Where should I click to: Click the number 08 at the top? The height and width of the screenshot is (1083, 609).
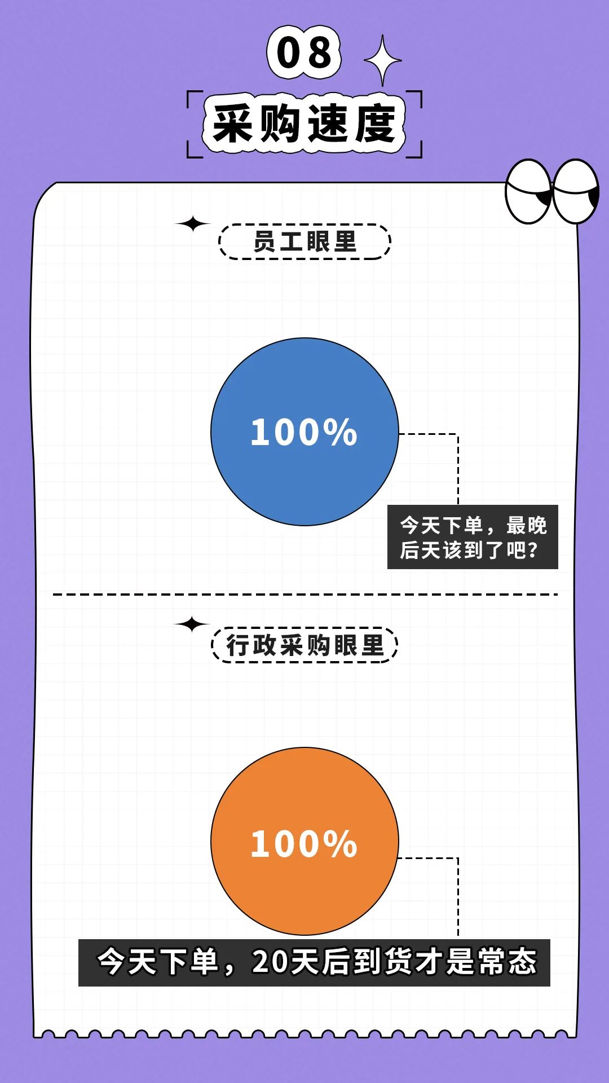pos(304,52)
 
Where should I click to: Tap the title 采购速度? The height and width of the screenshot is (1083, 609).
pos(304,124)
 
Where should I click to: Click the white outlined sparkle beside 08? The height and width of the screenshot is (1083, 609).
pos(383,60)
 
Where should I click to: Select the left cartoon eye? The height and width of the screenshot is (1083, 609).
pos(528,192)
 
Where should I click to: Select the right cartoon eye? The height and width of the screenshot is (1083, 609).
pos(576,192)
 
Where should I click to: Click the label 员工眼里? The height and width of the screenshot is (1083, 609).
pos(304,242)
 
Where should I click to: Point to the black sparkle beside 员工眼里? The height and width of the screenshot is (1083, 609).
pos(192,224)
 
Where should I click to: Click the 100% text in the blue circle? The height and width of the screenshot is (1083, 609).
pos(304,433)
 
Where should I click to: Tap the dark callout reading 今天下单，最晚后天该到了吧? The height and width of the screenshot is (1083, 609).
pos(473,537)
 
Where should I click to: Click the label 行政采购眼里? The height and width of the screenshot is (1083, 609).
pos(304,645)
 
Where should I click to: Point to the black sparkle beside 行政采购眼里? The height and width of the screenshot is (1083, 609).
pos(192,624)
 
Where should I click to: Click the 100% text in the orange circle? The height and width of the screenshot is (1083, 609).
pos(304,844)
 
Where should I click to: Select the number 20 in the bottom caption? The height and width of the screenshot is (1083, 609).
pos(270,962)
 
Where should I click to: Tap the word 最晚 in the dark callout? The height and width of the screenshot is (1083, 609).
pos(526,526)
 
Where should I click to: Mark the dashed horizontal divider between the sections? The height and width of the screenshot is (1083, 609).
pos(304,594)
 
